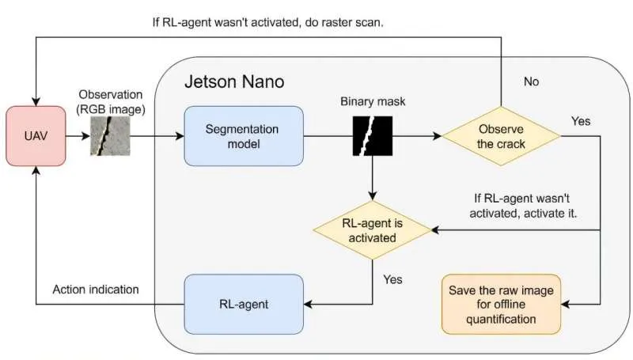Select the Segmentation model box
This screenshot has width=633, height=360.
pos(243,136)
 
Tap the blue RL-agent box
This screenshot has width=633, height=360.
pos(243,303)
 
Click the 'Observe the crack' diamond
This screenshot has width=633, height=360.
pos(500,136)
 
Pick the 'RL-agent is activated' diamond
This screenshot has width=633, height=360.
pos(372,230)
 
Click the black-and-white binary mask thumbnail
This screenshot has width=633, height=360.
pos(372,136)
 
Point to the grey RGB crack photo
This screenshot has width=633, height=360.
pos(107,135)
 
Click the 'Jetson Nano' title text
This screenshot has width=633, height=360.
pos(234,81)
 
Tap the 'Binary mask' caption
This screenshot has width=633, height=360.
pos(371,102)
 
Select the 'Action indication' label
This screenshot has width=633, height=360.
pos(95,290)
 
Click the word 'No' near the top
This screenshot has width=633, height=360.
pos(531,81)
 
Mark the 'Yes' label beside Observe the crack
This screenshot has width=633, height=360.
pos(581,121)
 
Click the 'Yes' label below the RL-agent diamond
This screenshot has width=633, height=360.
pos(392,279)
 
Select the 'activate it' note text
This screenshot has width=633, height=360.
pos(520,207)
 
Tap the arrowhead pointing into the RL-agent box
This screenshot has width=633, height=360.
pos(310,303)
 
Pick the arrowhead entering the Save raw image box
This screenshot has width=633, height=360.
pos(567,304)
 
